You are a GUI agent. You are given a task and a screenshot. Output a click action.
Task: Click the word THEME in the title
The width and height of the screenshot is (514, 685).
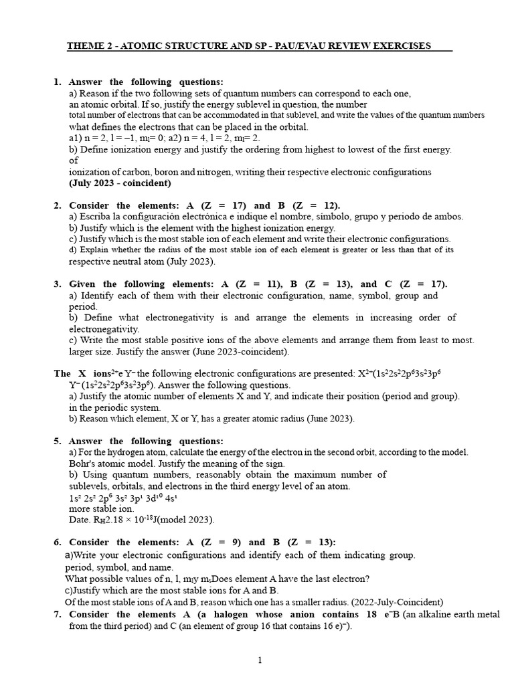(x=83, y=46)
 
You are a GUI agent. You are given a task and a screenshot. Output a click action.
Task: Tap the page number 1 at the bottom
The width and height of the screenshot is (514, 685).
(x=260, y=660)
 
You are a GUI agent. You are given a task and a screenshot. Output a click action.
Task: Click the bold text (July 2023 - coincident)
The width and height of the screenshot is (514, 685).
(x=120, y=183)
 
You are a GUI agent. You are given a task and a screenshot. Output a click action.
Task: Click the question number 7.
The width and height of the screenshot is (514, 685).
(x=57, y=615)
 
